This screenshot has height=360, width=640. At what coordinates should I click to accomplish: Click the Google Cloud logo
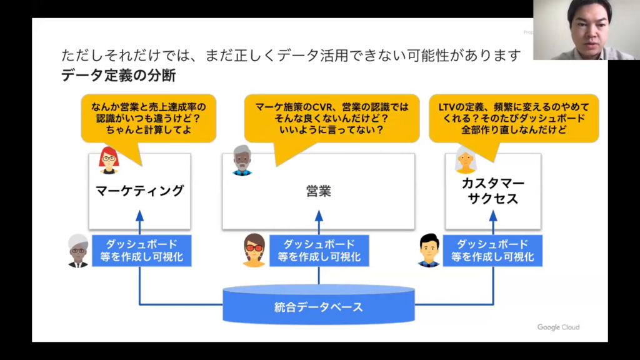[x=558, y=327]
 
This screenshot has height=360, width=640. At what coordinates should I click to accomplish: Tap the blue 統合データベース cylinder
[x=319, y=306]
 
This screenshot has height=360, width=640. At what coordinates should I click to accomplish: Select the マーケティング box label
[x=139, y=191]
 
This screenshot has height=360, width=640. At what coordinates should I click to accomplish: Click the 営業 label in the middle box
[x=319, y=191]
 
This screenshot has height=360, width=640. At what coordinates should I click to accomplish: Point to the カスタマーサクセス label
[x=492, y=191]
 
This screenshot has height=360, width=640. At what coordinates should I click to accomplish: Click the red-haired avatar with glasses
[x=109, y=160]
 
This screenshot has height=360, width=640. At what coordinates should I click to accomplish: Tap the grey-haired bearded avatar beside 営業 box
[x=242, y=161]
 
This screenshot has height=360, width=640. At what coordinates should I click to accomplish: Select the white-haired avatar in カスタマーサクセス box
[x=466, y=160]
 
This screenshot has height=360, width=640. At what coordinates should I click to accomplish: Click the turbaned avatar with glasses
[x=78, y=251]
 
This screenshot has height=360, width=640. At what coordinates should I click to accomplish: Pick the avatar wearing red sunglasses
[x=254, y=250]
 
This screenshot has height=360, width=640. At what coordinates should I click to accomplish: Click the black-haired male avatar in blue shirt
[x=429, y=250]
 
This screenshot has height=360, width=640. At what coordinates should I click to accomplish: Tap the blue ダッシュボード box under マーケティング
[x=142, y=251]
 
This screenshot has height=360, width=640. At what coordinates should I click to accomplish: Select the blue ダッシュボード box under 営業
[x=319, y=251]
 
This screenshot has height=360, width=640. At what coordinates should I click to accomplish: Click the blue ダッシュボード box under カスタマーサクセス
[x=492, y=251]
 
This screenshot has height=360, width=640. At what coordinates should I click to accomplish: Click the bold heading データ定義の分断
[x=119, y=76]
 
